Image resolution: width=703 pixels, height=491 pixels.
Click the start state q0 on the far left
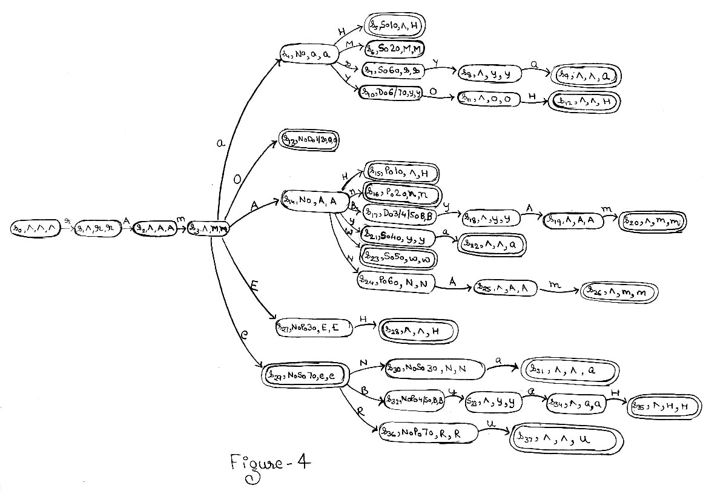[35, 228]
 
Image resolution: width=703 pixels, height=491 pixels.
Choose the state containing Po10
[400, 172]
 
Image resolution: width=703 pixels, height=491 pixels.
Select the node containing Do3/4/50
[401, 213]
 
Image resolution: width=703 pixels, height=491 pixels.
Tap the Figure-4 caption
[271, 464]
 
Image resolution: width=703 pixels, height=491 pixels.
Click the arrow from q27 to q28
[365, 327]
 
